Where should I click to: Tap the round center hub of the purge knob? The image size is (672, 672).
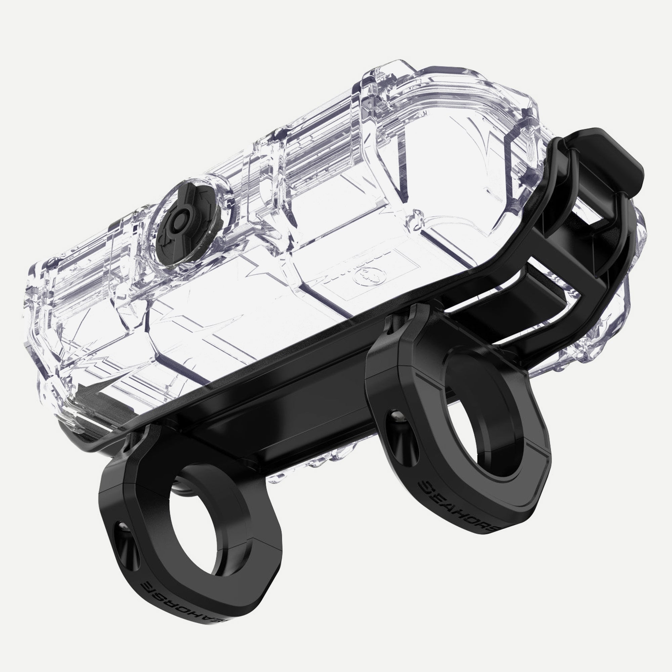click(x=178, y=221)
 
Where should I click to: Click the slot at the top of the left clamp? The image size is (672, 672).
click(x=137, y=440)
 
